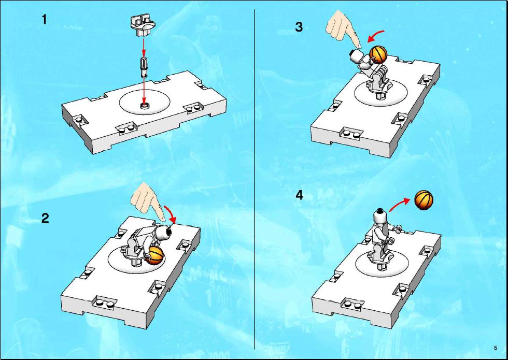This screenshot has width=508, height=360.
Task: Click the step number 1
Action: [x=45, y=20]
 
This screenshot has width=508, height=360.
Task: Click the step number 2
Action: [x=45, y=218]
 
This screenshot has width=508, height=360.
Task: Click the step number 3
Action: [x=299, y=27]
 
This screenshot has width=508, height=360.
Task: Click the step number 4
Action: [x=300, y=195]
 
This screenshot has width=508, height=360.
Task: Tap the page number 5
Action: [x=496, y=348]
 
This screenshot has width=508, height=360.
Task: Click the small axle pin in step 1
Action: [x=144, y=67]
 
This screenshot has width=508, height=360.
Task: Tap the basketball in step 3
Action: [x=378, y=54]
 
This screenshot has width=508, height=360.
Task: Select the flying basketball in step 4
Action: [x=424, y=200]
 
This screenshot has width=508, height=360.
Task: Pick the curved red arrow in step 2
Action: [x=171, y=213]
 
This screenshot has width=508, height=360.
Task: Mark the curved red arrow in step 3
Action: [x=375, y=35]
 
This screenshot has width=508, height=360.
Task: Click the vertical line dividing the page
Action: [x=255, y=179]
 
